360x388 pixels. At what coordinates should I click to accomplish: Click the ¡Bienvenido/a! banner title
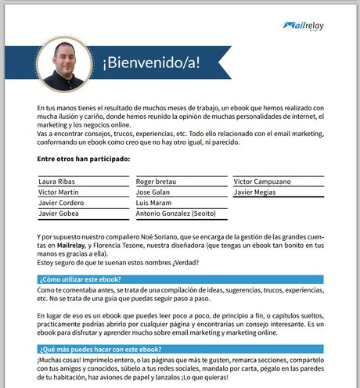151,63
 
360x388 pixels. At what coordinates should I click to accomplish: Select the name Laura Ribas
59,181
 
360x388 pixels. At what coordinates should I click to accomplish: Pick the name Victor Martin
59,192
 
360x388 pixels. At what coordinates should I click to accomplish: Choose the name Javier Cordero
62,203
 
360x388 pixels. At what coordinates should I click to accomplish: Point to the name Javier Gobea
59,214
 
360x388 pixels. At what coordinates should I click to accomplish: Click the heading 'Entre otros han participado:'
83,160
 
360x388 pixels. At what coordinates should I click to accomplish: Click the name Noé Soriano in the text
171,235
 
